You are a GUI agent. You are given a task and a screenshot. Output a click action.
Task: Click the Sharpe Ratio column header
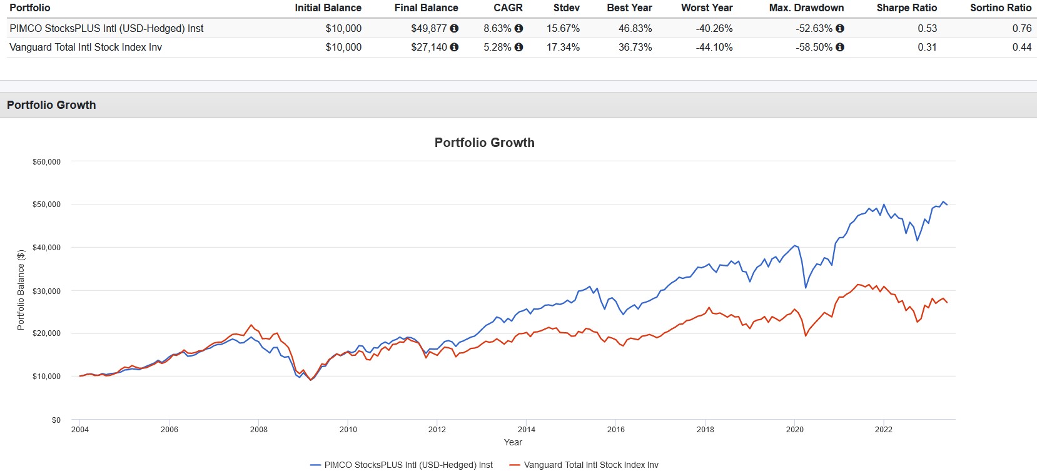point(906,8)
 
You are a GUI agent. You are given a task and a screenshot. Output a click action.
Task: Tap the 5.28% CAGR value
point(497,47)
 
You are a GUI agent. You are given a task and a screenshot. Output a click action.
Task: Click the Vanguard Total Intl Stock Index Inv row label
point(86,47)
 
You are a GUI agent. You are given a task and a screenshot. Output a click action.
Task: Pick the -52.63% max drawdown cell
point(814,28)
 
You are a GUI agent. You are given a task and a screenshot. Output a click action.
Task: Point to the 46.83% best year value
point(635,28)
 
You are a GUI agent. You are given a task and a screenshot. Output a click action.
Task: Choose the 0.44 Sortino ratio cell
point(1021,47)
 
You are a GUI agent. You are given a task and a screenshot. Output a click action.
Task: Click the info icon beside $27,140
point(454,47)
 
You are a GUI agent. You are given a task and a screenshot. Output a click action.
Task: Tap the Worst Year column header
point(707,8)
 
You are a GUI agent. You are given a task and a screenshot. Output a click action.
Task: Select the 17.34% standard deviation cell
point(563,47)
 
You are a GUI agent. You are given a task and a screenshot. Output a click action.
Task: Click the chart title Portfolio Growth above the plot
point(484,143)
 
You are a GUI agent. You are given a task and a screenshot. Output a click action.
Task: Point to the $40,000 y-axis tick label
point(46,248)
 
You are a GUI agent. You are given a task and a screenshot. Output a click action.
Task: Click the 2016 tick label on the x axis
point(615,430)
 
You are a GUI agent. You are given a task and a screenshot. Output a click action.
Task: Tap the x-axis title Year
point(513,442)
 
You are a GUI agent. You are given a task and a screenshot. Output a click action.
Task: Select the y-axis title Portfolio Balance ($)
point(21,290)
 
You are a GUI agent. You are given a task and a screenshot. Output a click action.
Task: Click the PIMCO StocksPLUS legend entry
point(402,465)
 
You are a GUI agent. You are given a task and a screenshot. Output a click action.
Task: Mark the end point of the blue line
point(947,205)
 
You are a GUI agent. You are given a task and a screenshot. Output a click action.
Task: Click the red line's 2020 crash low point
point(806,336)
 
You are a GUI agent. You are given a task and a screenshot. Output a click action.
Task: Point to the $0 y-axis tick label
point(56,420)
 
